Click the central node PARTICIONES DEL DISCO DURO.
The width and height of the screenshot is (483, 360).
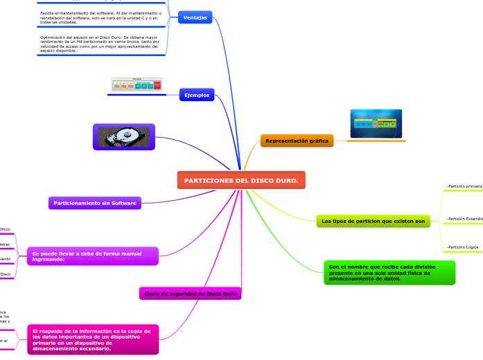(x=241, y=180)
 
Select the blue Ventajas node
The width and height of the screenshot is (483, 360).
(x=195, y=17)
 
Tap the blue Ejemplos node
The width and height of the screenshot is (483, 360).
(x=196, y=94)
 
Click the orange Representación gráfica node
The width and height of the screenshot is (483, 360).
(x=297, y=141)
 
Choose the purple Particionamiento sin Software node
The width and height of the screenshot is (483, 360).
(x=95, y=203)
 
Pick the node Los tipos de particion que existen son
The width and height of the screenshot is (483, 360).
(x=373, y=221)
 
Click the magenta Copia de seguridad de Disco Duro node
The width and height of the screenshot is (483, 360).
(x=190, y=294)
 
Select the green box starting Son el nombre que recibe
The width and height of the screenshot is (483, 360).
(x=389, y=273)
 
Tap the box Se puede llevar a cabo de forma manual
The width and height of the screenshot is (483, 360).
(x=92, y=256)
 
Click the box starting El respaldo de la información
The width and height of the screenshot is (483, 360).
(x=92, y=339)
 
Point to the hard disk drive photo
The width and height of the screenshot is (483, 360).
(x=124, y=136)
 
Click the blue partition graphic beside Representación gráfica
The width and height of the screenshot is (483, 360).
(x=376, y=123)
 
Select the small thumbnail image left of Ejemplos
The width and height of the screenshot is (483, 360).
(x=137, y=84)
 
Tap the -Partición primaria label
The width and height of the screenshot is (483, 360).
(x=464, y=186)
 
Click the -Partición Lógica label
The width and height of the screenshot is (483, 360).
(x=462, y=246)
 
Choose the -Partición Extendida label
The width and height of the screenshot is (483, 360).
(x=464, y=218)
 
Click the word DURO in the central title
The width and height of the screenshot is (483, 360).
(x=284, y=180)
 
